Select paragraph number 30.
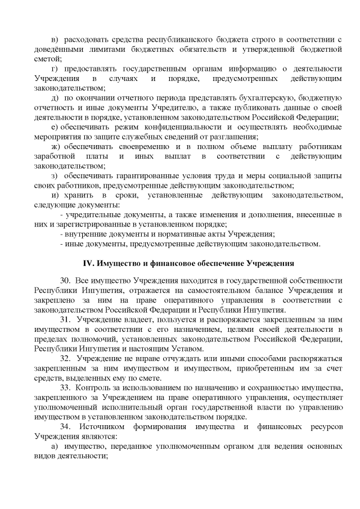[x=64, y=280]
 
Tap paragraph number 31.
[x=64, y=319]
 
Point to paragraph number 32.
[x=64, y=358]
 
